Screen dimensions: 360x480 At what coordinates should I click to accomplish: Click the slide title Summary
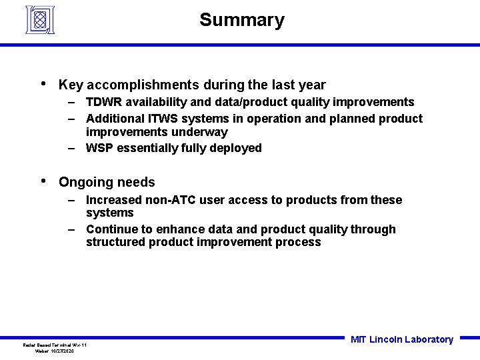click(x=241, y=20)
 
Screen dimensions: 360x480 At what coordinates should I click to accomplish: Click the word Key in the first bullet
click(x=71, y=85)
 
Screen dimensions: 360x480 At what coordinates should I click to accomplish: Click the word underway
click(x=197, y=132)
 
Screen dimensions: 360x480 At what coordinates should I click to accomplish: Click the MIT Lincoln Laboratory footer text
click(x=401, y=339)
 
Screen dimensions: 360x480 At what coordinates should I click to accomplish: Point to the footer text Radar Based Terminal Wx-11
click(x=55, y=345)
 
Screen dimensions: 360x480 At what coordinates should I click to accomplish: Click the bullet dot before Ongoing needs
click(x=43, y=181)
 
